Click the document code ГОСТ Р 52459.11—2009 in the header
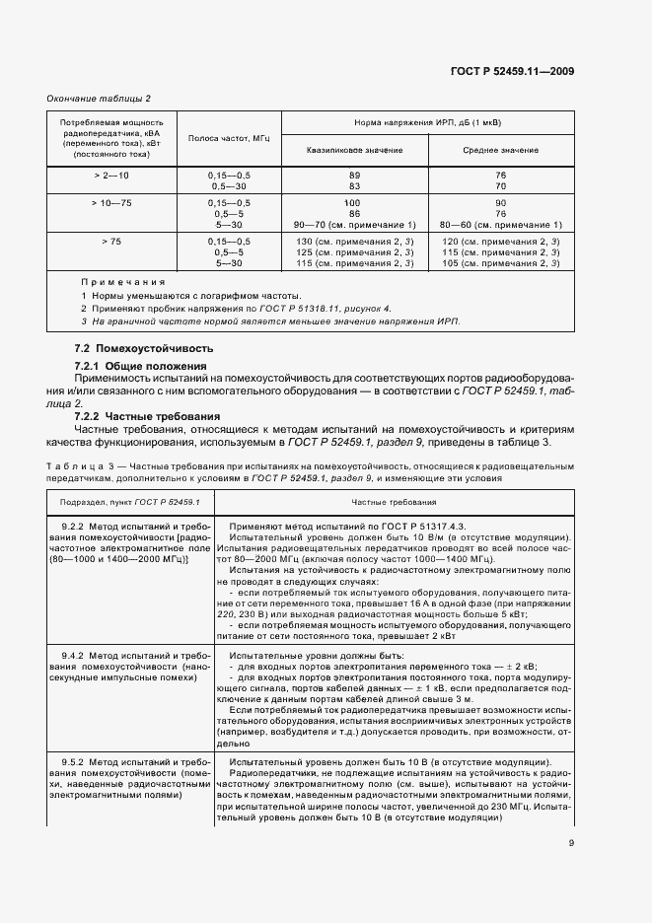point(516,70)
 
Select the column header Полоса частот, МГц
point(229,138)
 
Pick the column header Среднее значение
point(501,149)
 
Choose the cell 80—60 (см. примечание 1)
point(501,224)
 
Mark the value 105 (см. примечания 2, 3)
point(501,262)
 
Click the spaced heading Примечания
point(122,282)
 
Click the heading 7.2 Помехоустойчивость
point(144,349)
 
